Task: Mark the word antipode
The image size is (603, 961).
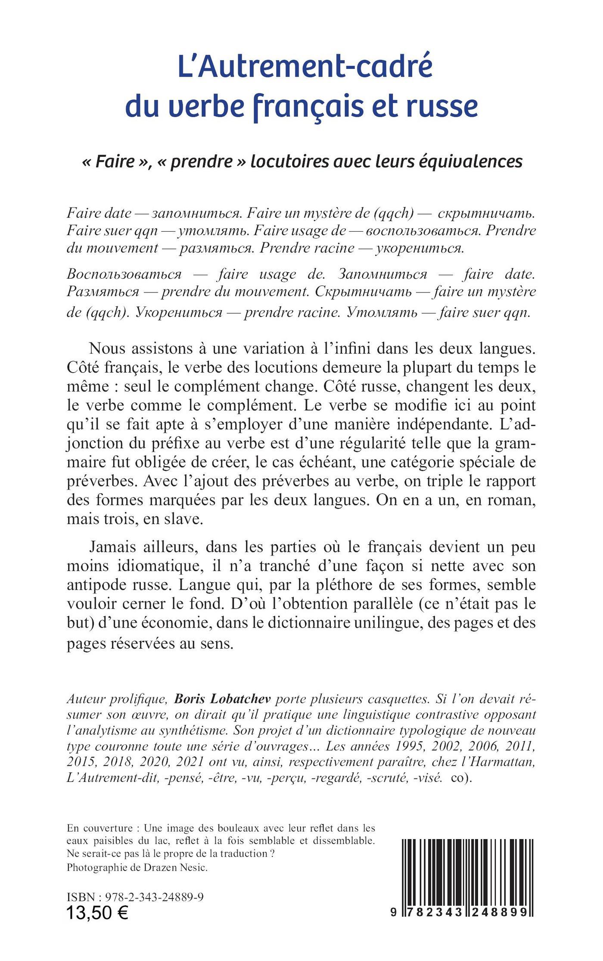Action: pos(96,585)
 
